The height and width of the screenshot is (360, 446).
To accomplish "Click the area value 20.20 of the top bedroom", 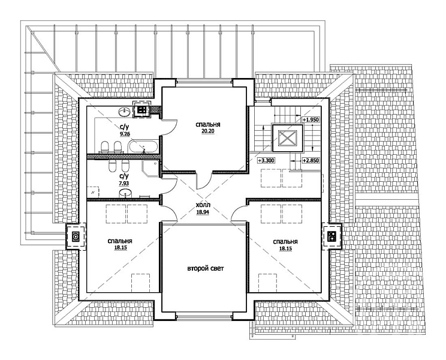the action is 207,131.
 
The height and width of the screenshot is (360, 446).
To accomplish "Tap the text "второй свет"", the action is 206,268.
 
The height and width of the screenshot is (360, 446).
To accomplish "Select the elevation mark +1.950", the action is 311,120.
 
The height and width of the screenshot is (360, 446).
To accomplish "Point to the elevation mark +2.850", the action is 311,161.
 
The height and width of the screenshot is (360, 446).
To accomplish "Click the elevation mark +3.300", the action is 266,161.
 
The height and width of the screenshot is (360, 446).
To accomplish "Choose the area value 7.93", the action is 123,184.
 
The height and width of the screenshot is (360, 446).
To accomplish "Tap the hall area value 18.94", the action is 203,212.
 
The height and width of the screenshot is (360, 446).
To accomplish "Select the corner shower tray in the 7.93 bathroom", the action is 150,168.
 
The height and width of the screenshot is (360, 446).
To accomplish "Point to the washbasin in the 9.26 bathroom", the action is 124,112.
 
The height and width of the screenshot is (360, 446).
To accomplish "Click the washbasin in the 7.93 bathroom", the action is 125,193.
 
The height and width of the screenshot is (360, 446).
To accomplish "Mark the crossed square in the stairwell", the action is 288,138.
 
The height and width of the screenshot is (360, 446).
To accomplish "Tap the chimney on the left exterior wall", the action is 76,236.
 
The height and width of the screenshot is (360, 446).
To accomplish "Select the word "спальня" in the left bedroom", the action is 120,241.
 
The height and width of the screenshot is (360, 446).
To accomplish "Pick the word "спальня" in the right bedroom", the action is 285,242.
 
